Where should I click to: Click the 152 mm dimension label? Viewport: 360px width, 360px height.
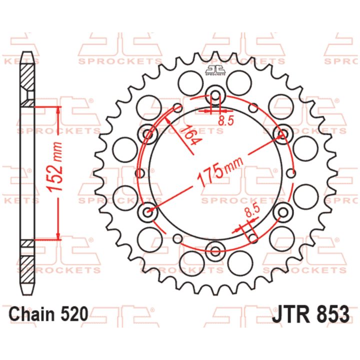[54, 167]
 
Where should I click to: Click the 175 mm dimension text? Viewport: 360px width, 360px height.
[220, 170]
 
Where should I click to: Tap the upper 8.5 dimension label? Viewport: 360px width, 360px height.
[225, 120]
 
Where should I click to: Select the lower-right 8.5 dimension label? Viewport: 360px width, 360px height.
[252, 211]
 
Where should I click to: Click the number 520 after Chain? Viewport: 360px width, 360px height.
[74, 314]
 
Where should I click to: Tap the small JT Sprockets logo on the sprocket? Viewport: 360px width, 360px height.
[215, 70]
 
